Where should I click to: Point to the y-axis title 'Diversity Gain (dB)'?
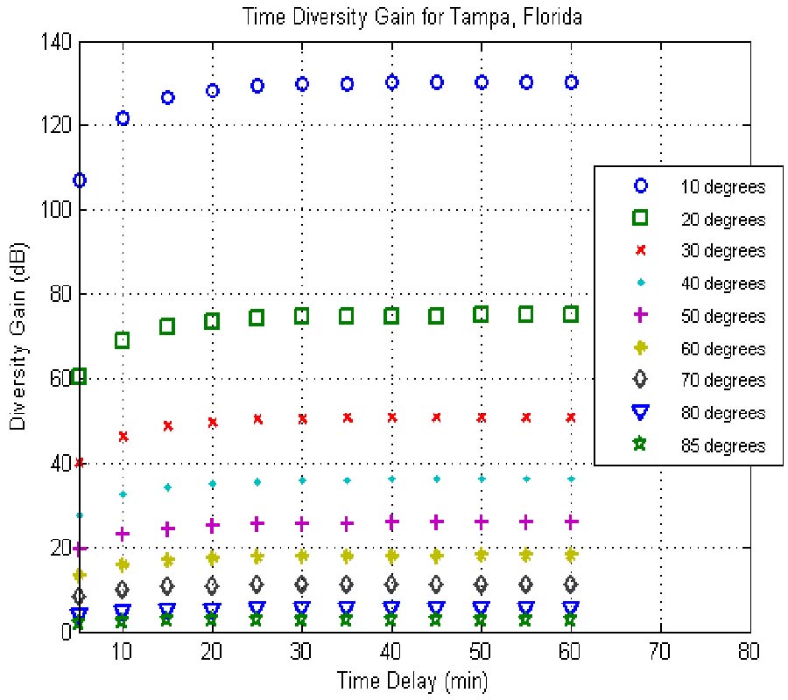(18, 337)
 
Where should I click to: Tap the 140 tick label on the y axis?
(57, 41)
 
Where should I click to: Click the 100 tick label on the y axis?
(57, 210)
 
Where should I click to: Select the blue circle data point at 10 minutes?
(123, 118)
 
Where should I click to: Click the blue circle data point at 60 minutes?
(571, 82)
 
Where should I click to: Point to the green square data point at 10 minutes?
(123, 340)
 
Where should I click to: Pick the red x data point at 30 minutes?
(302, 419)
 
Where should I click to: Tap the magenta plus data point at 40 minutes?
(391, 521)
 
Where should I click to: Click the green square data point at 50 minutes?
(481, 314)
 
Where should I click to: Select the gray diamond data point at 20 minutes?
(212, 585)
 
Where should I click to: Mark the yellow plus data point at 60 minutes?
(571, 555)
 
